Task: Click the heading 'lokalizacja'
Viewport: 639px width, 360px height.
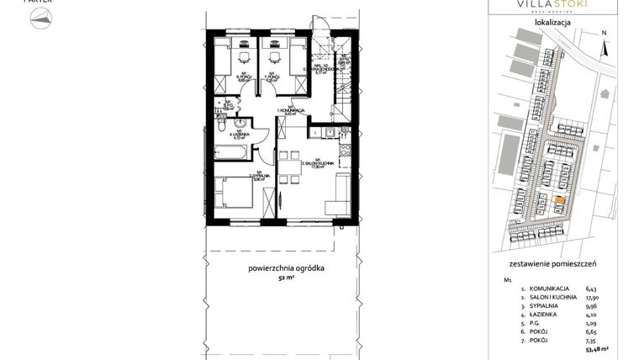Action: pyautogui.click(x=552, y=24)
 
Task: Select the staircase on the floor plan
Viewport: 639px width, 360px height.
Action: pyautogui.click(x=345, y=84)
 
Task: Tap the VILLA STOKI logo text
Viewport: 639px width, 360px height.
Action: pyautogui.click(x=551, y=6)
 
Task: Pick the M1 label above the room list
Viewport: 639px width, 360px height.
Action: pyautogui.click(x=507, y=278)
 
